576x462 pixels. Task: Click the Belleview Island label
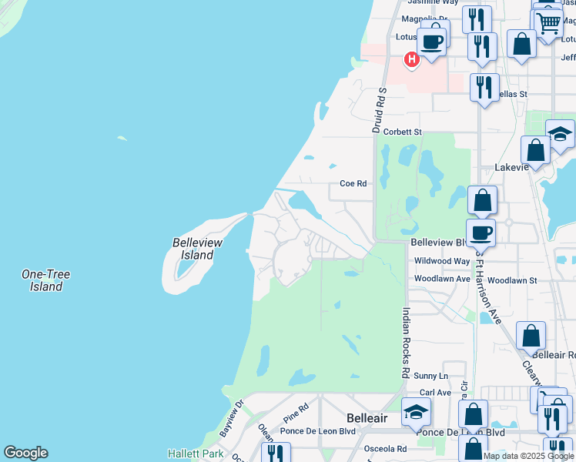(197, 249)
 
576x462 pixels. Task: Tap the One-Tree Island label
(42, 280)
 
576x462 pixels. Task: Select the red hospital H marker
(412, 59)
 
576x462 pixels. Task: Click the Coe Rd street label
(353, 184)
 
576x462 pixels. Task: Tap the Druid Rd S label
(378, 110)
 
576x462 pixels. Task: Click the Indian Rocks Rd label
(405, 343)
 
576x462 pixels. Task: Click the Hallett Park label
(196, 454)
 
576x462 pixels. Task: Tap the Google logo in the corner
(25, 453)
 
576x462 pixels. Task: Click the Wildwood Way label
(441, 262)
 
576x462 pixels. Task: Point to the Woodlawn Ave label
(442, 279)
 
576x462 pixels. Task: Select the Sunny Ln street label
(430, 376)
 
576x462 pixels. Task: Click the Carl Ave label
(436, 393)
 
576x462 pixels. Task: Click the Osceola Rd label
(385, 449)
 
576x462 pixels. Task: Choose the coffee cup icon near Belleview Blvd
(481, 231)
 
